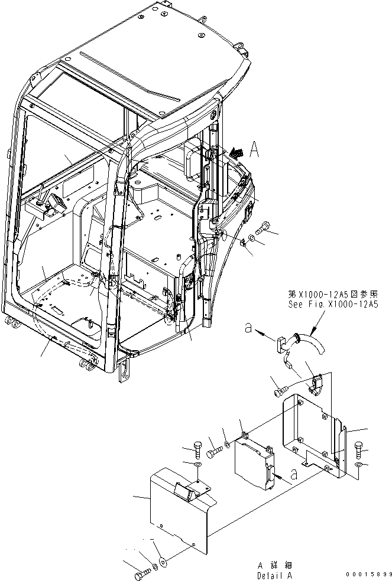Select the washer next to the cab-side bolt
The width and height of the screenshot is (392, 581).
coord(252,237)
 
